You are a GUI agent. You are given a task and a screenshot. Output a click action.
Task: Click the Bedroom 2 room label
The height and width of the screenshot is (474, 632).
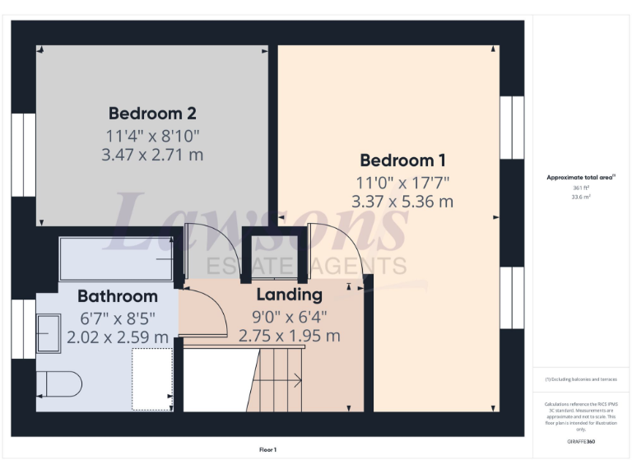(152, 113)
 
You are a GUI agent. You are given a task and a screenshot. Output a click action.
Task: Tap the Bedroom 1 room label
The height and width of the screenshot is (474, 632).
(402, 160)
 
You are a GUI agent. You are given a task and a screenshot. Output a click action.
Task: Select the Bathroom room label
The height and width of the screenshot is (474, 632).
(118, 296)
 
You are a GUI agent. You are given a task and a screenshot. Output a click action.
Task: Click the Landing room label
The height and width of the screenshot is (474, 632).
(289, 295)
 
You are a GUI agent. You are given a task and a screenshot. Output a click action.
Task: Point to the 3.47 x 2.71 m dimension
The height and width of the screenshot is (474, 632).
(152, 154)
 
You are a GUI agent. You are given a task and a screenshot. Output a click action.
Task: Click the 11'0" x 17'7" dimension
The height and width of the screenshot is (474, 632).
(402, 182)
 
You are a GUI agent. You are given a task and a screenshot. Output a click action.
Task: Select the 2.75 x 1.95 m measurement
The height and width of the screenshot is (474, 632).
(289, 336)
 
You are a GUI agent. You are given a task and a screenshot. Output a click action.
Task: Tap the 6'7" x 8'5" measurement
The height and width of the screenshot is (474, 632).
(118, 317)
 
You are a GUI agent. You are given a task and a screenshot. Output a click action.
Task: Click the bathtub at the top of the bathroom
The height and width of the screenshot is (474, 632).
(115, 258)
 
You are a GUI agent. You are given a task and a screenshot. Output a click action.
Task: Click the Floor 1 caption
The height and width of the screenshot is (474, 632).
(268, 450)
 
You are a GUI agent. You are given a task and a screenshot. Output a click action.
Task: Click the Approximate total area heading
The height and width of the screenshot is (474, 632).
(581, 177)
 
